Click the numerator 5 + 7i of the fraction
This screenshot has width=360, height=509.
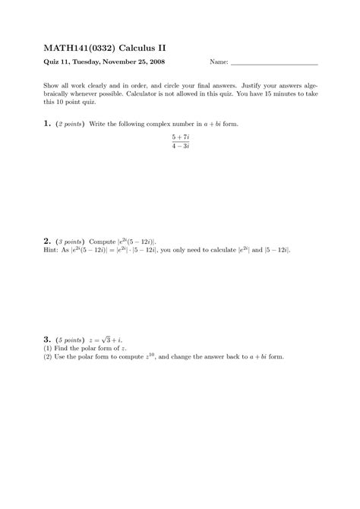click(180, 137)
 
